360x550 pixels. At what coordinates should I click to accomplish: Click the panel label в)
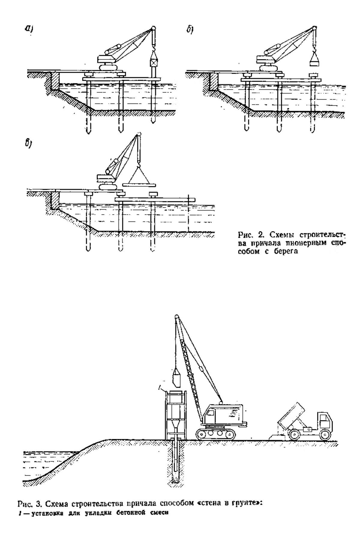coord(28,143)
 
